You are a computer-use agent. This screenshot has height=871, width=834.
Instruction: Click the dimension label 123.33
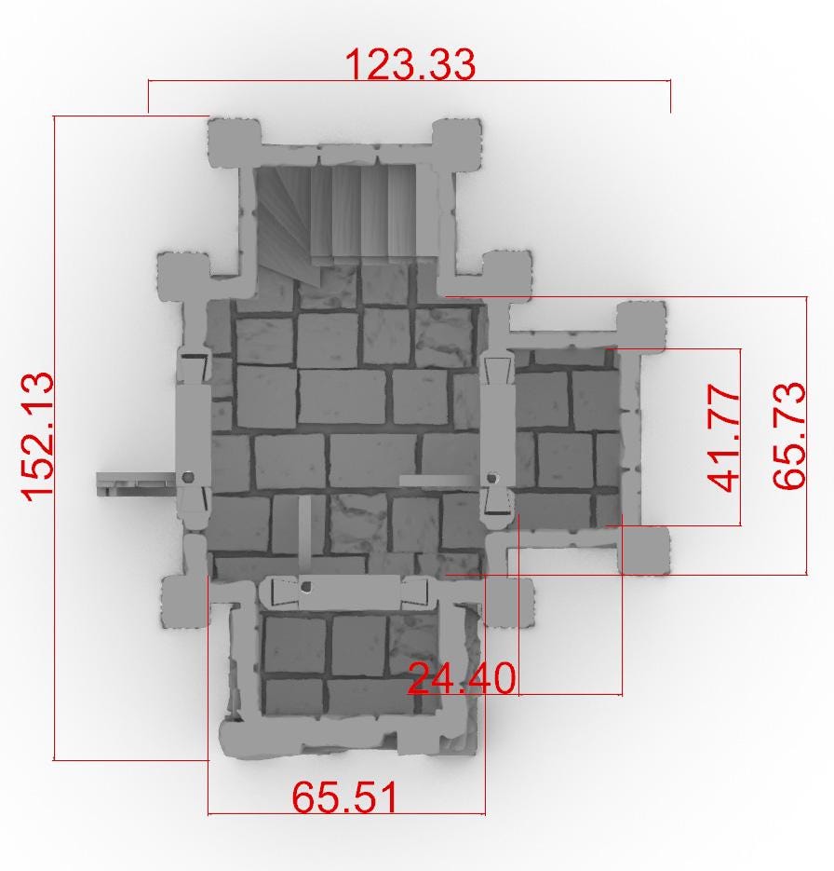(410, 63)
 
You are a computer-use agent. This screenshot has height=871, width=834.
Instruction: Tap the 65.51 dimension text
(345, 797)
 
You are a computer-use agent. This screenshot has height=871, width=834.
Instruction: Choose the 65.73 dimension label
(788, 435)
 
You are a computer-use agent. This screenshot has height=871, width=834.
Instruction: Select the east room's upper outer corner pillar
(641, 324)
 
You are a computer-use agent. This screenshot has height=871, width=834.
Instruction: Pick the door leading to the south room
(343, 590)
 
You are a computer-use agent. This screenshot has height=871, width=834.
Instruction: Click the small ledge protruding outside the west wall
(135, 483)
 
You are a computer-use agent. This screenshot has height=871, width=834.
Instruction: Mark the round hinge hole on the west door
(190, 476)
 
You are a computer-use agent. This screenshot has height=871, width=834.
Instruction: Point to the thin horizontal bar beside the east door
(437, 480)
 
